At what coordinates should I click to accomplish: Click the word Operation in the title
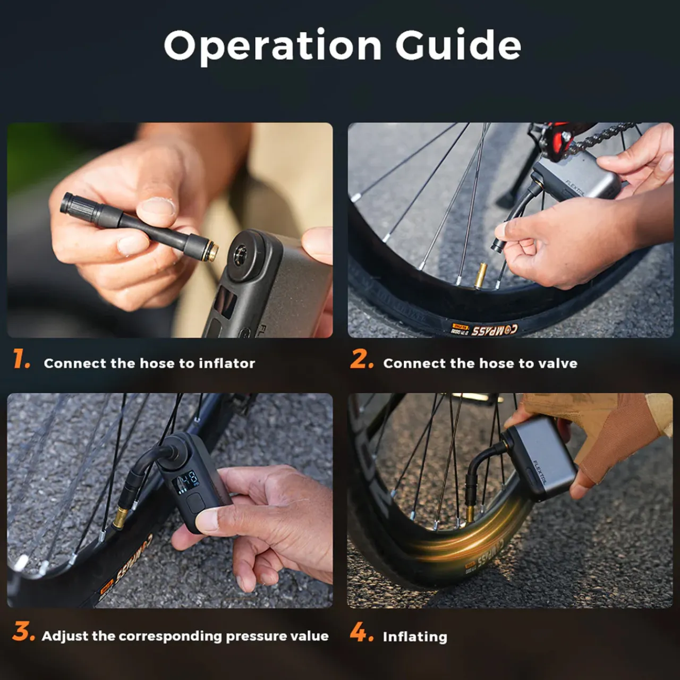point(273,46)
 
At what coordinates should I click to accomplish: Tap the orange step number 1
point(21,360)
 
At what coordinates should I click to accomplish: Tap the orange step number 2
point(361,360)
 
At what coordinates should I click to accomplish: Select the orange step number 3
point(23,632)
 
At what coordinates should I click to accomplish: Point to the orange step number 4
point(361,632)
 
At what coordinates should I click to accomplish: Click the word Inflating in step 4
point(415,636)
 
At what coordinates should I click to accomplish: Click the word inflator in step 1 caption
point(227,363)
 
